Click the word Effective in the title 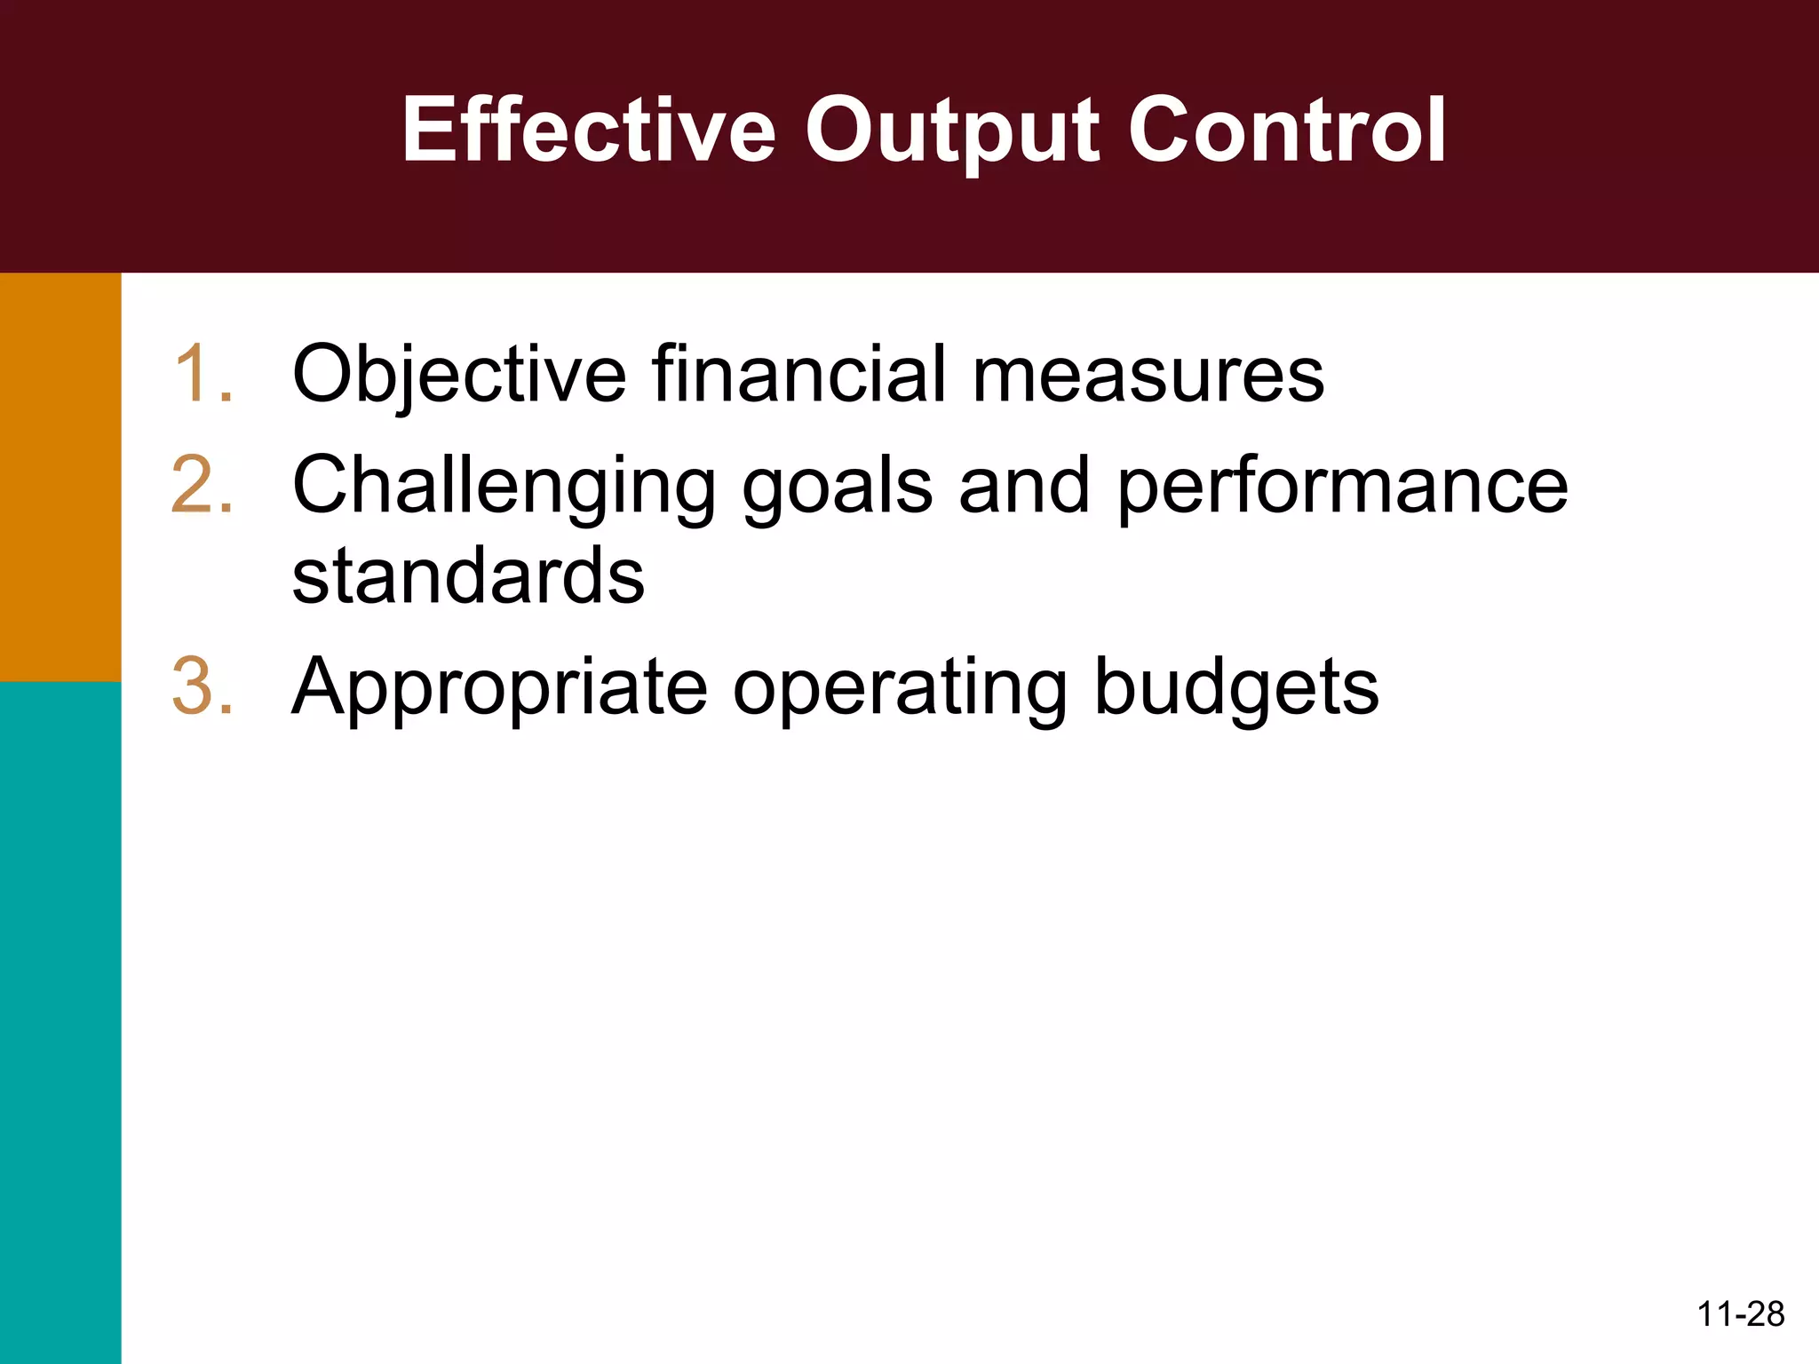[589, 131]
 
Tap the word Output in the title [952, 131]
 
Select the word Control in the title [1287, 131]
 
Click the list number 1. [203, 374]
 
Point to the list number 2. [203, 485]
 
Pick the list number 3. [203, 686]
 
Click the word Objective [459, 374]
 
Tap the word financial [799, 374]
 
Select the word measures [1148, 374]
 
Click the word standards [468, 575]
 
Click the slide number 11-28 [1740, 1314]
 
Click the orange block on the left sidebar [60, 477]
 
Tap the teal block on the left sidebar [60, 1021]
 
